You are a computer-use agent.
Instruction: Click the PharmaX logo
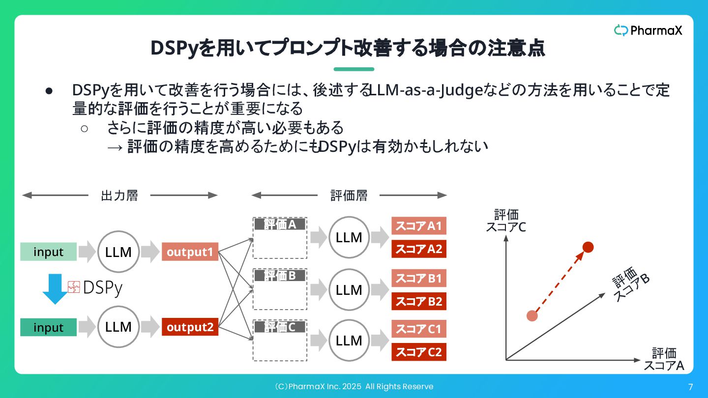pos(648,30)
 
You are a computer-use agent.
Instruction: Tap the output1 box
pos(190,252)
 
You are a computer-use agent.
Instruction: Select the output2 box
pos(190,327)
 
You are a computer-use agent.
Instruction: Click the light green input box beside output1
pos(48,252)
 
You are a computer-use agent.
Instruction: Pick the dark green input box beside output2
pos(48,327)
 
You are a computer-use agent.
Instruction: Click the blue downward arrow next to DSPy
pos(55,289)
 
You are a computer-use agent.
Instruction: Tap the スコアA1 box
pos(419,226)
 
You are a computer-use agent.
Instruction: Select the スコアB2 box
pos(419,301)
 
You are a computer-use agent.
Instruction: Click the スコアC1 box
pos(419,329)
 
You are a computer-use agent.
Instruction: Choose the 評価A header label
pos(280,225)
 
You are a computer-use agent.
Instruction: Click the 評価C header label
pos(280,327)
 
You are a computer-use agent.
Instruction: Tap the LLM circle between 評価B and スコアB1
pos(349,290)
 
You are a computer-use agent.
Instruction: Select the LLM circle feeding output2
pos(118,327)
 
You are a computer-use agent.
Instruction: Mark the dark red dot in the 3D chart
pos(588,247)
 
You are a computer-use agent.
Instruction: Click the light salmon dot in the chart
pos(532,315)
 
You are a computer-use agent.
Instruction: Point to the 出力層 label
pos(119,196)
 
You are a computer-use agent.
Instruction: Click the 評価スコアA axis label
pos(664,360)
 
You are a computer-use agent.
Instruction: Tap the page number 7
pos(690,386)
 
